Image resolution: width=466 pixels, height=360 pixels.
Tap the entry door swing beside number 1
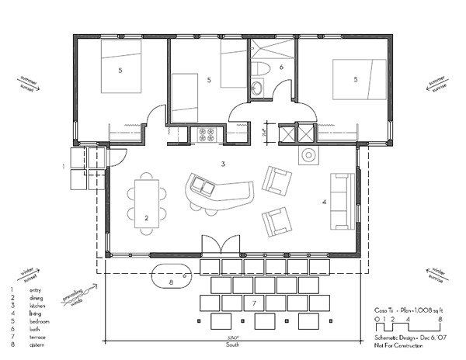tap(113, 156)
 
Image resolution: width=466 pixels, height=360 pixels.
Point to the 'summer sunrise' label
tap(440, 84)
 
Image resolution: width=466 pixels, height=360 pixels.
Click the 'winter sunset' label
tap(28, 273)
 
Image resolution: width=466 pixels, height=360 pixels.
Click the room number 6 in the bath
tap(282, 67)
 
